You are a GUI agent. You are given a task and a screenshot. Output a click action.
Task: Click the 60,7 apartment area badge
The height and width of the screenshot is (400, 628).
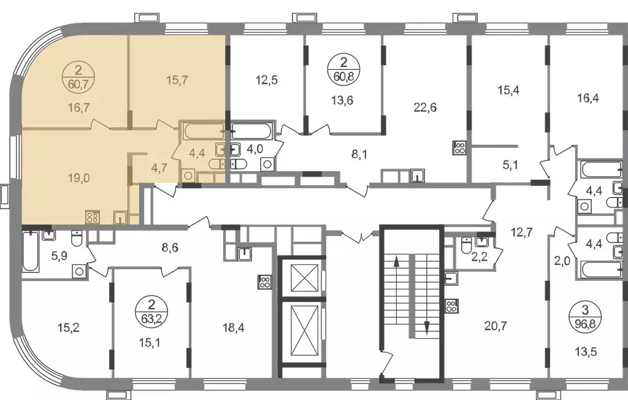coord(78,78)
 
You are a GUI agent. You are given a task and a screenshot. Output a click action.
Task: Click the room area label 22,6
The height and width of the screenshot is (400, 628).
coord(425,107)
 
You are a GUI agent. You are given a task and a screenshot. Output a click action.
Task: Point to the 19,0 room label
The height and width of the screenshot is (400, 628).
coord(78,178)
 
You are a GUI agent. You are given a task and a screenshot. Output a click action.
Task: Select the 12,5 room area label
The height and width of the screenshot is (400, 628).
coord(266,80)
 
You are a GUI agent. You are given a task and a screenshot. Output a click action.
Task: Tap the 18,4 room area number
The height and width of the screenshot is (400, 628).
coord(234,328)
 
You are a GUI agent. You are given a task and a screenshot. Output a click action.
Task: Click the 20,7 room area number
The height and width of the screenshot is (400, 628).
coord(496,326)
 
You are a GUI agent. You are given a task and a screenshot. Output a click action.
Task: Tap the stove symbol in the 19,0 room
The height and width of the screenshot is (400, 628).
coord(92,217)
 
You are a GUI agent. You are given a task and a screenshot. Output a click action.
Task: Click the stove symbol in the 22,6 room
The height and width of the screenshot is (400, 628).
coord(459,147)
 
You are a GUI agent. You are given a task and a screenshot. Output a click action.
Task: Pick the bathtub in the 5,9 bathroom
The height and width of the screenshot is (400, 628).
coord(31,252)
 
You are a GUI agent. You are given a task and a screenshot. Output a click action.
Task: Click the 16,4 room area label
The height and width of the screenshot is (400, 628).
coord(588,98)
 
